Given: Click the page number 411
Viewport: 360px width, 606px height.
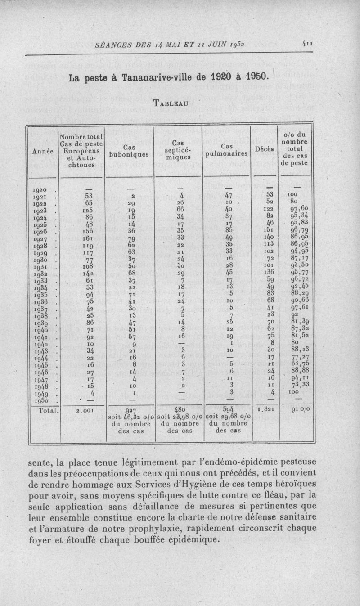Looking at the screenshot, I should (x=308, y=44).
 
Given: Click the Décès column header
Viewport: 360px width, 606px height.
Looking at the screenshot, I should (x=264, y=149).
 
